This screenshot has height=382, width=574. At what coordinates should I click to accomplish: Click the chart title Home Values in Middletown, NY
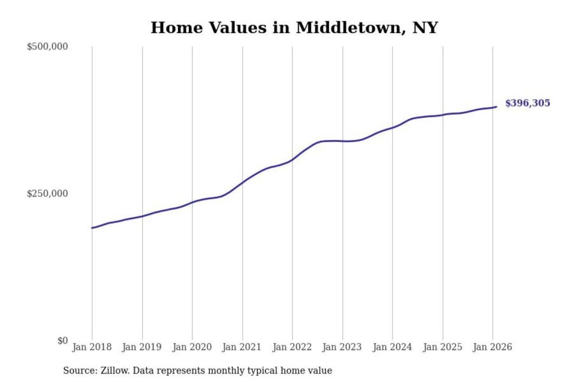point(294,27)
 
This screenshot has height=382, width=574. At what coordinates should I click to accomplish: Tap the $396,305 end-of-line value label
point(527,103)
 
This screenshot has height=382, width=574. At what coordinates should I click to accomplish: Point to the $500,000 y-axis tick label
point(47,47)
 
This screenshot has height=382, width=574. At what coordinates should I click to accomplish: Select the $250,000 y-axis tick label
point(47,194)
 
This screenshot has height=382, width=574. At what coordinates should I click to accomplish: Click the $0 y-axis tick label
point(63,341)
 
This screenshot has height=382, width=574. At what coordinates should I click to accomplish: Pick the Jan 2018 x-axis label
point(92,347)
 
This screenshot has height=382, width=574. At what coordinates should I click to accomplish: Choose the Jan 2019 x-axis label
point(142,347)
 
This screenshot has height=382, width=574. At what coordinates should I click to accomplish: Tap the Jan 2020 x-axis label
point(192,347)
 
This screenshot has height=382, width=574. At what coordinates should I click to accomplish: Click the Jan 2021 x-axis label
point(242,347)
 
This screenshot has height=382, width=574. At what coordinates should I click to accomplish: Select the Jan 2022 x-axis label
point(292,347)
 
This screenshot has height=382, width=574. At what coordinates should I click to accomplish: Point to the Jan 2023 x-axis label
point(342,347)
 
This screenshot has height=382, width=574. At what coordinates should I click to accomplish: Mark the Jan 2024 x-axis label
point(392,347)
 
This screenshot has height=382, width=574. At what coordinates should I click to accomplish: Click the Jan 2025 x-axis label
point(442,347)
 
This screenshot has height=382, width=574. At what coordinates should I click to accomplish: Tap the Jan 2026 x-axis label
point(492,347)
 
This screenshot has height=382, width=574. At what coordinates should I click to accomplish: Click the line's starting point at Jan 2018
point(92,228)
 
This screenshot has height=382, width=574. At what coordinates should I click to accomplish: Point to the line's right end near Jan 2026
point(496,107)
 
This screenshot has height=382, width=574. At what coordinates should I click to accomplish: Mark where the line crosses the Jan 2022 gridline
point(292,160)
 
